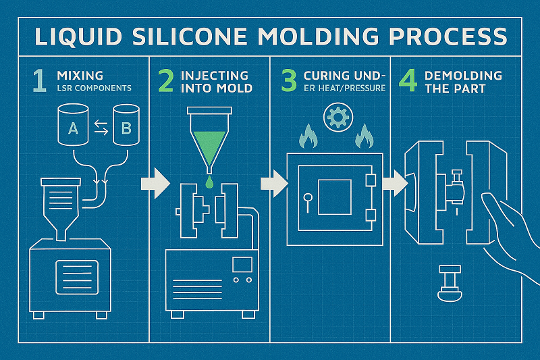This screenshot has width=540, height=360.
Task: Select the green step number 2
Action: tap(165, 80)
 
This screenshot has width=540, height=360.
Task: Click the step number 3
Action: tap(289, 80)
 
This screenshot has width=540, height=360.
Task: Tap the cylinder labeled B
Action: tap(126, 124)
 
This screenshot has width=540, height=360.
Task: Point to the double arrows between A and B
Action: tap(99, 125)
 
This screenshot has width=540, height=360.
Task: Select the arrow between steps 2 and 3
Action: tap(275, 183)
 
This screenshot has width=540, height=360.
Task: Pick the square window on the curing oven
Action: tap(334, 198)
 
